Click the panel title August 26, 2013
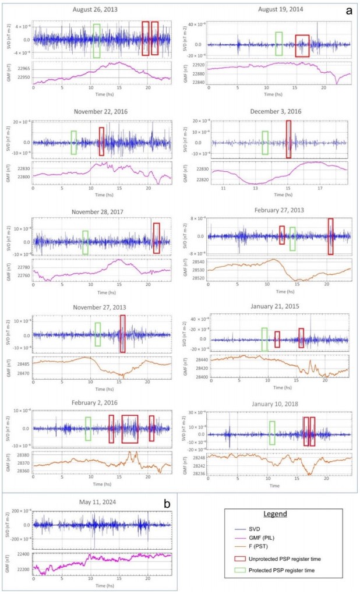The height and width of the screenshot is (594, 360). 100,10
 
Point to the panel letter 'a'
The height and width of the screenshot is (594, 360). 348,10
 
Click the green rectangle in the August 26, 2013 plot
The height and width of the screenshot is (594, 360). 96,41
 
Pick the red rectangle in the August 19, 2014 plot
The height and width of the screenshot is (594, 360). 302,46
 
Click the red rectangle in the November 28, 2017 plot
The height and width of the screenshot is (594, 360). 156,238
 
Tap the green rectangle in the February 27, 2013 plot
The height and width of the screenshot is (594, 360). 292,239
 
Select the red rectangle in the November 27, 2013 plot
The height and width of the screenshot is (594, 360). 122,333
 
